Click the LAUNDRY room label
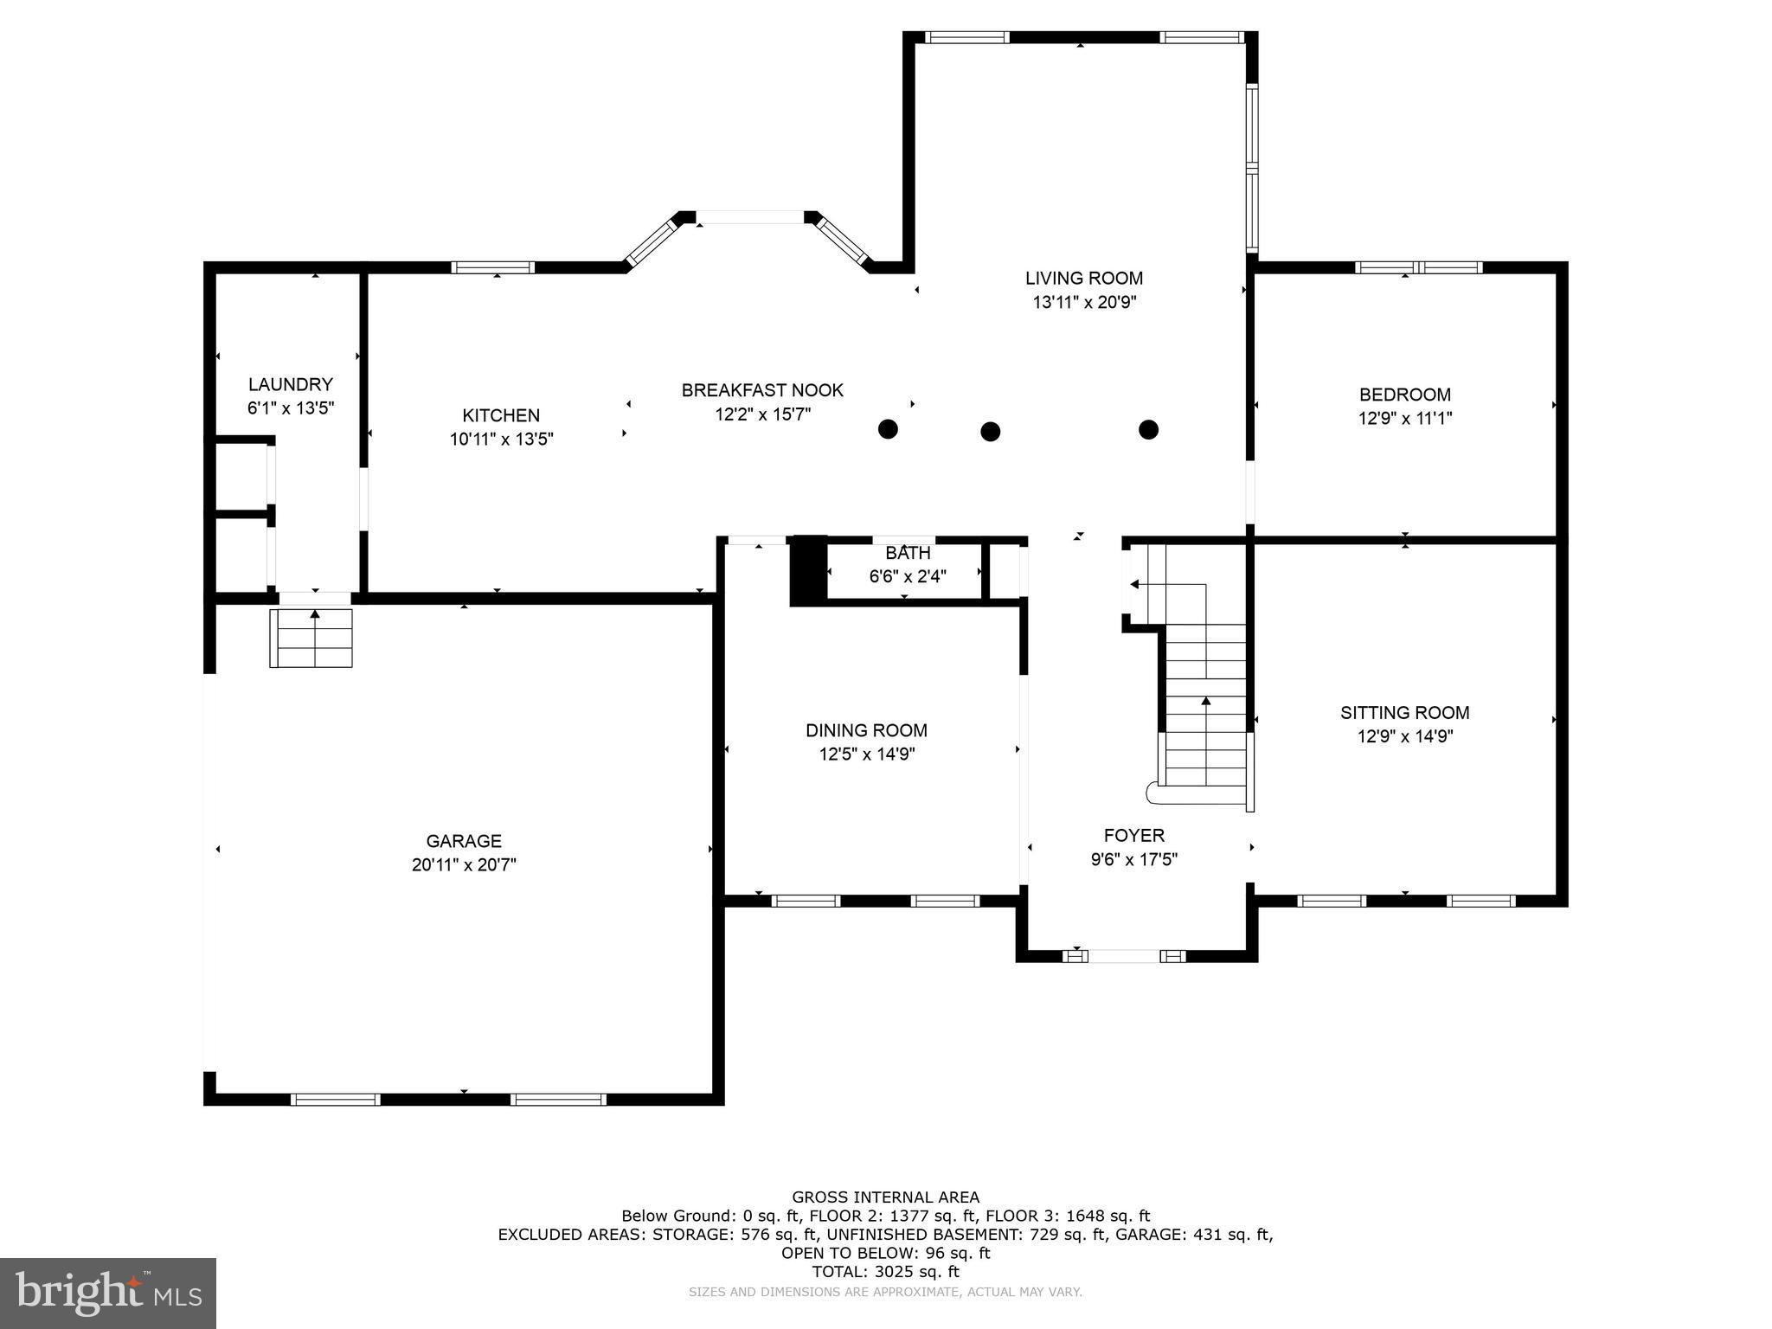tap(290, 384)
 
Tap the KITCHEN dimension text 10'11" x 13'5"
tap(501, 440)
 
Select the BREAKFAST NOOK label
tap(761, 390)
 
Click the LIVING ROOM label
tap(1083, 278)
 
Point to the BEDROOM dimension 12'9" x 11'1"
tap(1404, 419)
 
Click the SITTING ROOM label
tap(1404, 712)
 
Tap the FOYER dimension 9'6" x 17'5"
tap(1133, 859)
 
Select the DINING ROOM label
tap(866, 730)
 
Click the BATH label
tap(908, 553)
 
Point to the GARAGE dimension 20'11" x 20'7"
tap(464, 864)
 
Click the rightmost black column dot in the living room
tap(1148, 429)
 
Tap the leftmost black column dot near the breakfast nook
tap(888, 428)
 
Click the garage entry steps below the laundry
tap(311, 639)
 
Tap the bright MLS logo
tap(108, 1293)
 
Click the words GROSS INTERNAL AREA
tap(885, 1197)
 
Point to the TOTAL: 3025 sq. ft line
tap(885, 1272)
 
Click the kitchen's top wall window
tap(493, 267)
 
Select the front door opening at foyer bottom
tap(1124, 956)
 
